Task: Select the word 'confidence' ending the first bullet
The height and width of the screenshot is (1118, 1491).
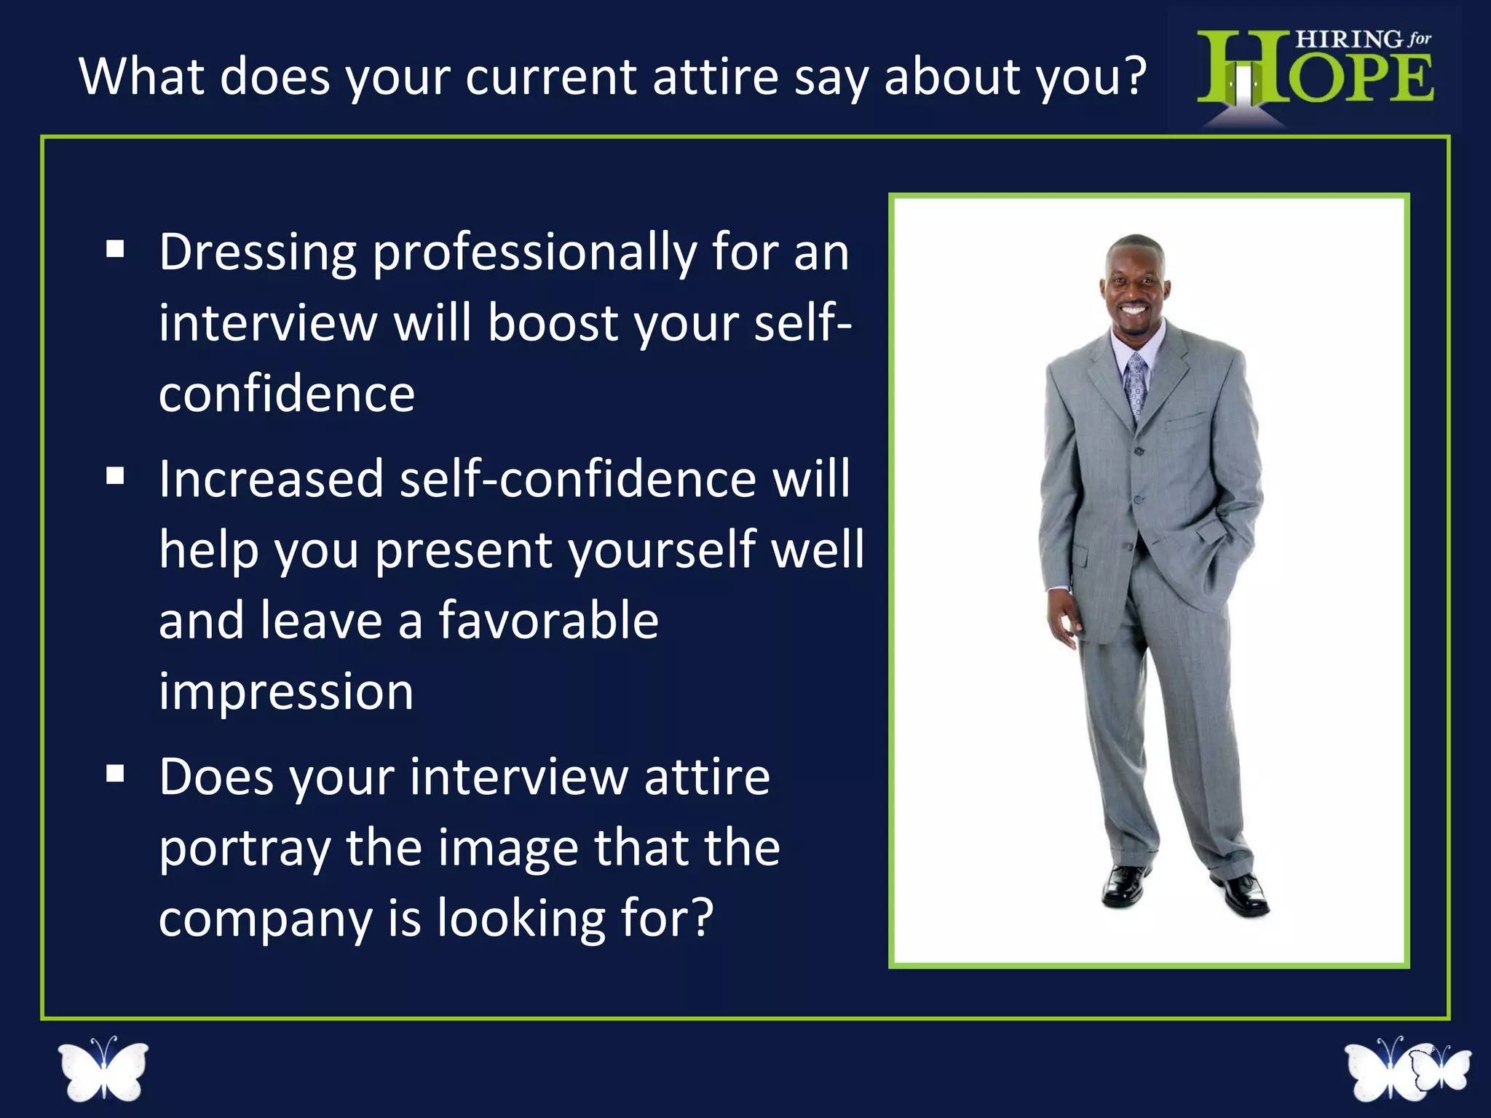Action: (x=287, y=395)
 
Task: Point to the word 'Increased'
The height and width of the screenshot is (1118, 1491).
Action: (x=271, y=480)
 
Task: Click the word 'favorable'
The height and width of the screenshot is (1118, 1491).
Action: (x=548, y=621)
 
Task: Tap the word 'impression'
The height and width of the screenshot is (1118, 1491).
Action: (x=286, y=692)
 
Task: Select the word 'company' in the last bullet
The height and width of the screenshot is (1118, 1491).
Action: (x=266, y=919)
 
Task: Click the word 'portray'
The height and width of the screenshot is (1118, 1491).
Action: (x=245, y=849)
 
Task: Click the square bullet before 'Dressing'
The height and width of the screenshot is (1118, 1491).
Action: (x=115, y=250)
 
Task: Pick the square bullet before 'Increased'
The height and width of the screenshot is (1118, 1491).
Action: (x=115, y=476)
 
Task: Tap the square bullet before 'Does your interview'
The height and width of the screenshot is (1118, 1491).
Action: (x=115, y=773)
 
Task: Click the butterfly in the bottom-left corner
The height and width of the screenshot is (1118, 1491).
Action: (x=103, y=1070)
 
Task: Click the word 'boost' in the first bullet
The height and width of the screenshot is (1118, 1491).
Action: (x=553, y=323)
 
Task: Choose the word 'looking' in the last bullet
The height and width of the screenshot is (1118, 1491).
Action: (x=520, y=919)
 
